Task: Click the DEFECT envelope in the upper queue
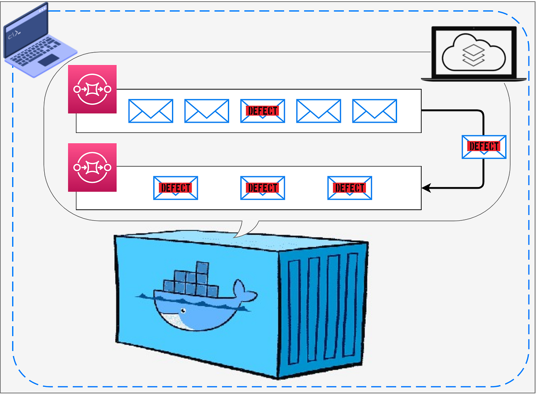[263, 111]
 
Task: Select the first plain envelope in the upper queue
[151, 111]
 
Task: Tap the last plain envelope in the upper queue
[374, 111]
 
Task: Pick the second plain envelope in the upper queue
[207, 111]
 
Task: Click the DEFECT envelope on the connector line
[484, 147]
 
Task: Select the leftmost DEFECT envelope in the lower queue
[176, 188]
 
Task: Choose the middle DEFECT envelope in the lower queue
[263, 188]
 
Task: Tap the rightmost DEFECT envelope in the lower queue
[350, 188]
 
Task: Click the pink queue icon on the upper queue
[92, 89]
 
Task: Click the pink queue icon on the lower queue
[92, 167]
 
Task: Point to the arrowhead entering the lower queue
[426, 188]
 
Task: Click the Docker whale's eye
[182, 311]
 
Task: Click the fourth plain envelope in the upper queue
[318, 111]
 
